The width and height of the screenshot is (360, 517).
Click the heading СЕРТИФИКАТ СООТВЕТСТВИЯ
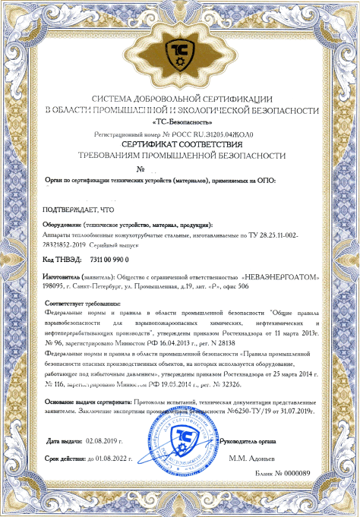point(181,143)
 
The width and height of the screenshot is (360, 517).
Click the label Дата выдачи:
point(65,440)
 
